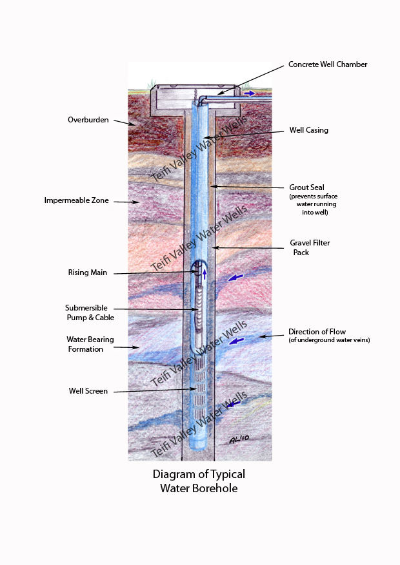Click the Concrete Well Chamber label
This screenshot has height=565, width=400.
pyautogui.click(x=328, y=64)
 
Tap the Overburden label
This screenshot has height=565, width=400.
pyautogui.click(x=88, y=120)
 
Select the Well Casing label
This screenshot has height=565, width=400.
pyautogui.click(x=308, y=130)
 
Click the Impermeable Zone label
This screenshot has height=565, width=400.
pyautogui.click(x=76, y=200)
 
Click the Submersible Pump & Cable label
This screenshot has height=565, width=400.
pyautogui.click(x=86, y=312)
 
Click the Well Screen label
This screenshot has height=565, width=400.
pyautogui.click(x=88, y=390)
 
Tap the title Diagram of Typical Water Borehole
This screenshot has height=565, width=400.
pyautogui.click(x=199, y=481)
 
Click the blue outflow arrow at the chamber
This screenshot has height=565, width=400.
pyautogui.click(x=248, y=93)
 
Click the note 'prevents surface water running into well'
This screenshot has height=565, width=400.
pyautogui.click(x=314, y=204)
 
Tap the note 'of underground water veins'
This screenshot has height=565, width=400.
pyautogui.click(x=329, y=340)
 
